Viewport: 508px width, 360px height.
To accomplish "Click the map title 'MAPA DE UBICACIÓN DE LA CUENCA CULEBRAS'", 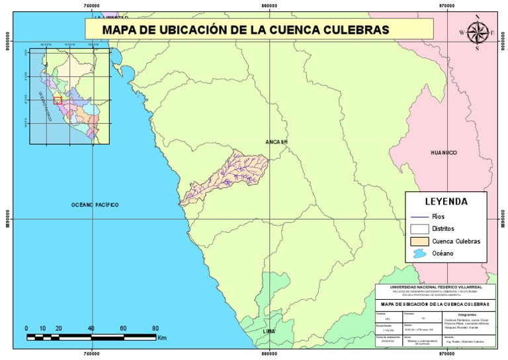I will pyautogui.click(x=245, y=29).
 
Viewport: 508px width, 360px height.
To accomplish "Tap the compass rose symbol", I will pyautogui.click(x=477, y=31).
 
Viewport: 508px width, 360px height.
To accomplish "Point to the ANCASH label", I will pyautogui.click(x=277, y=142).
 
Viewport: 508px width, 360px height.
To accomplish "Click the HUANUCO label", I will pyautogui.click(x=444, y=152).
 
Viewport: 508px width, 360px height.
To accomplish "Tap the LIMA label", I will pyautogui.click(x=269, y=330).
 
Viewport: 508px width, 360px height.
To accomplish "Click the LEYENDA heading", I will pyautogui.click(x=446, y=201).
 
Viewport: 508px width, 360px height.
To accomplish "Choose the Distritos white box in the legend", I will pyautogui.click(x=419, y=228).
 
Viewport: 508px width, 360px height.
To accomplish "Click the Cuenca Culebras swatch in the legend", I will pyautogui.click(x=419, y=241).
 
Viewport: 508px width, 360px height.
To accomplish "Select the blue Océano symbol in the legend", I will pyautogui.click(x=419, y=254).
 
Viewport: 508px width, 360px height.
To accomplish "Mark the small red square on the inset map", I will pyautogui.click(x=58, y=100).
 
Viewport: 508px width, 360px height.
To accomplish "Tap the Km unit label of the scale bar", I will pyautogui.click(x=162, y=337).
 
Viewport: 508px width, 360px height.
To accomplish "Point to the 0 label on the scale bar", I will pyautogui.click(x=26, y=328).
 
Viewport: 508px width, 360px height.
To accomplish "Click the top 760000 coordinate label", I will pyautogui.click(x=92, y=5).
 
